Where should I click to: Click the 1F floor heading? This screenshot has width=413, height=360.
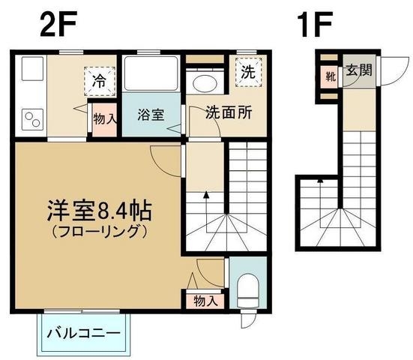tap(313, 25)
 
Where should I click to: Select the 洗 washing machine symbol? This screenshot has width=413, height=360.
tap(247, 72)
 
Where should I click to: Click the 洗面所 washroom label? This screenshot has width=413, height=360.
tap(229, 116)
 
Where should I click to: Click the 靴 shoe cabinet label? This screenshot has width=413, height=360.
tap(330, 75)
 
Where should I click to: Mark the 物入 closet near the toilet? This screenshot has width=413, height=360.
tap(205, 301)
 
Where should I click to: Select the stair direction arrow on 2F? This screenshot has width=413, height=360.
tap(206, 200)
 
